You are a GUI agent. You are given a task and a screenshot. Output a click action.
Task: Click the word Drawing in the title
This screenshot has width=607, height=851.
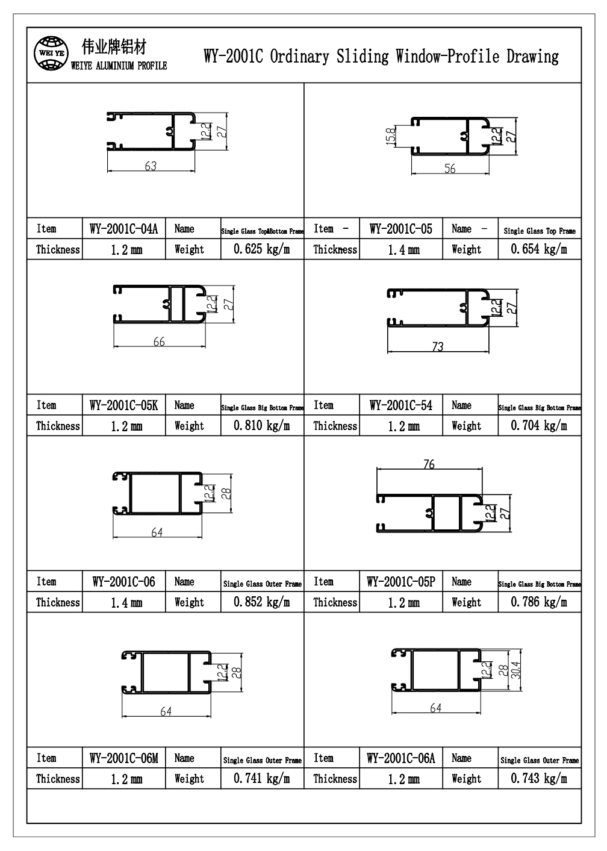click(532, 57)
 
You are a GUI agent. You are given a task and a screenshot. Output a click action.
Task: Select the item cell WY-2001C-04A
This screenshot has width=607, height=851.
click(123, 229)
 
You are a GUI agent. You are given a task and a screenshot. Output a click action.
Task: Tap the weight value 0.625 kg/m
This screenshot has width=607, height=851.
click(261, 249)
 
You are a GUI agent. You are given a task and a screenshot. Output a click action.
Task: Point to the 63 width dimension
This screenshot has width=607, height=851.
click(151, 166)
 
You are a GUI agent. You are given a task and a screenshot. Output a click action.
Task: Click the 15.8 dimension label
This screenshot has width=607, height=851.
click(391, 136)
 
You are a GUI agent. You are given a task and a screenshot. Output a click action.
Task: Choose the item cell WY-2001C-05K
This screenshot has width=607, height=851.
click(123, 405)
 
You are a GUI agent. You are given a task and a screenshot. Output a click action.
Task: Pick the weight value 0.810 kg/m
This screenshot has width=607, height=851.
click(261, 426)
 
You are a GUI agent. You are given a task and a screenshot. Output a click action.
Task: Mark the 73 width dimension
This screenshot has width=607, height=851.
click(437, 347)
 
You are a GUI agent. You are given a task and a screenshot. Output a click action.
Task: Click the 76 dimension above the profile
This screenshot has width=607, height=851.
click(429, 464)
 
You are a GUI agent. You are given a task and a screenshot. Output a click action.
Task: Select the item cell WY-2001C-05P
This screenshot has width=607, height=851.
click(401, 582)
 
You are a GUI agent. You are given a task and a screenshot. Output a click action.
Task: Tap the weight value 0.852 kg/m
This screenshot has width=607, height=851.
click(261, 602)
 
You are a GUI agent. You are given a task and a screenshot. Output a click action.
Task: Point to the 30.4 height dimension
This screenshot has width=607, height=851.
click(515, 670)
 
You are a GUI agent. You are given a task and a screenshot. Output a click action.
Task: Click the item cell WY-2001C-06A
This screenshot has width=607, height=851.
click(401, 758)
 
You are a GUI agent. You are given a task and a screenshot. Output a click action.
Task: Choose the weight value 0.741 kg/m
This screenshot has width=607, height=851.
click(261, 779)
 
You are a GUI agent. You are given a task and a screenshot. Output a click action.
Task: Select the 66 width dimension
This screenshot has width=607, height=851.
click(159, 342)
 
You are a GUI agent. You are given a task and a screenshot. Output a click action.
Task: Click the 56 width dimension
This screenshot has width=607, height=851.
click(450, 169)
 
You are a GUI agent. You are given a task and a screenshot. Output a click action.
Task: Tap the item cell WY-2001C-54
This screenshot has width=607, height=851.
click(401, 405)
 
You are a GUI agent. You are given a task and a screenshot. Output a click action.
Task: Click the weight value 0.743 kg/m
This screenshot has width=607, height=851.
click(539, 779)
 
